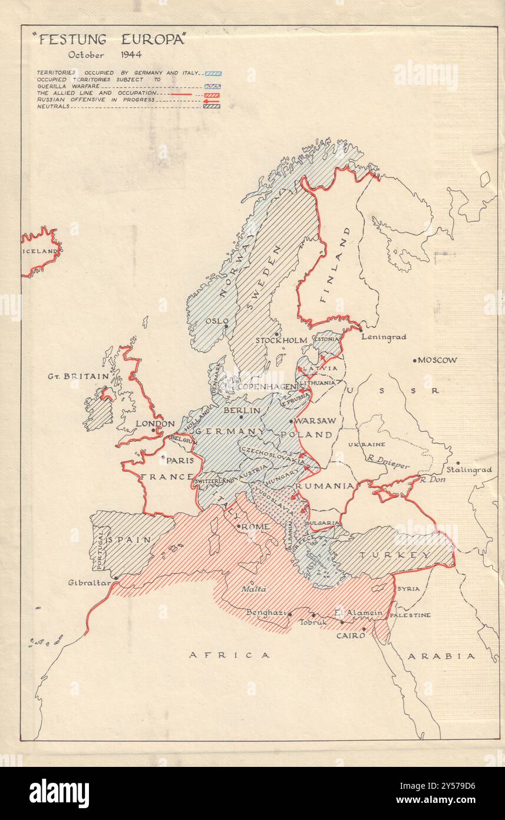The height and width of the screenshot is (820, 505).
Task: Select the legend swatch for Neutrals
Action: click(x=212, y=106)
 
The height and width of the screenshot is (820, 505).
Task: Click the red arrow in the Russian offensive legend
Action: click(x=211, y=100)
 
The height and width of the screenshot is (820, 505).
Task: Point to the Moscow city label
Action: click(x=437, y=360)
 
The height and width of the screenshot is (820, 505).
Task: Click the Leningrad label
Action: click(x=384, y=337)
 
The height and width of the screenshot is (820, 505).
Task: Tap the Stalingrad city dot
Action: click(x=457, y=463)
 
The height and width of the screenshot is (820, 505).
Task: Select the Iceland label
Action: click(x=40, y=251)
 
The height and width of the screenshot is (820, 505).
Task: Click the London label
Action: click(x=155, y=424)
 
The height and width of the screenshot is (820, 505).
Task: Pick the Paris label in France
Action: click(x=180, y=460)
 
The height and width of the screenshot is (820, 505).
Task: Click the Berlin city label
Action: click(x=242, y=409)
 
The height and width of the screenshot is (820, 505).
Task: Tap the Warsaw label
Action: click(x=315, y=421)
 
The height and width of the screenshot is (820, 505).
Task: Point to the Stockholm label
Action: click(x=280, y=340)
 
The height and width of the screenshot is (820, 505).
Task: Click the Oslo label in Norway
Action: click(x=217, y=321)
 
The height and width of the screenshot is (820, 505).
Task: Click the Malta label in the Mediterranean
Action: click(x=253, y=589)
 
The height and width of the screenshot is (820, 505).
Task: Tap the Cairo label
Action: click(x=351, y=636)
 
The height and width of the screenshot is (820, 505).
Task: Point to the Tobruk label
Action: click(x=312, y=622)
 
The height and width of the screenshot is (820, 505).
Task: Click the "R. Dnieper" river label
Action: click(x=387, y=465)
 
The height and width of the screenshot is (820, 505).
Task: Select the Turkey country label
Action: click(x=404, y=555)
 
